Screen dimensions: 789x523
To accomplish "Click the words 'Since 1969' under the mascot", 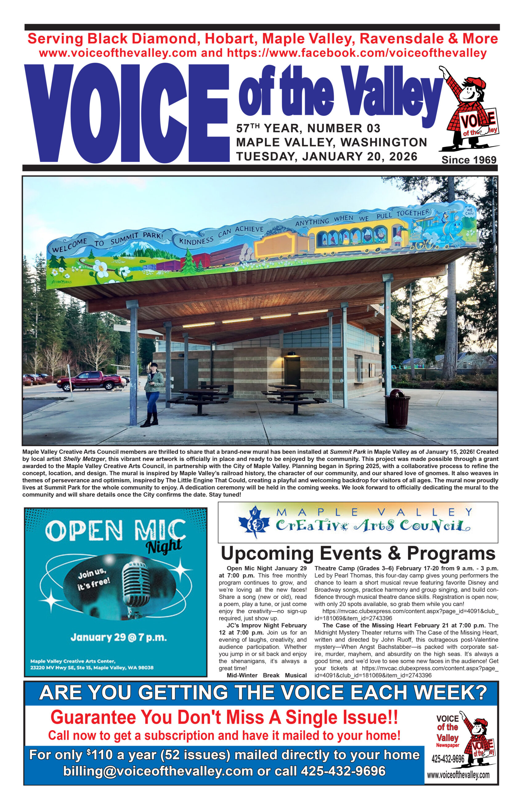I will (x=468, y=160).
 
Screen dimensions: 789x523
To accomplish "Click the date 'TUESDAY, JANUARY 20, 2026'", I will (x=326, y=156).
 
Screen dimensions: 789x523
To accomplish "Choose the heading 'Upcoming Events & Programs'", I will (x=358, y=553).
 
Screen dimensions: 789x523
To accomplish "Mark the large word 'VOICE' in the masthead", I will (x=128, y=113).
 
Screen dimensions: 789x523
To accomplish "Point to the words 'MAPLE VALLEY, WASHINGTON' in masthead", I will (x=331, y=142).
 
